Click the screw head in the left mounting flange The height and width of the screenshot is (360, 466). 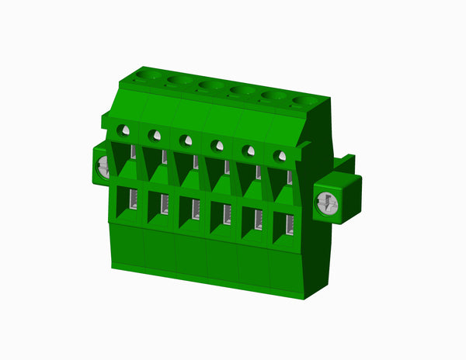coord(102,167)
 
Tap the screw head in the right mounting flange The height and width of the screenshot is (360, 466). coord(327,204)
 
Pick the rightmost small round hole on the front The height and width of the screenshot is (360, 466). coord(280,156)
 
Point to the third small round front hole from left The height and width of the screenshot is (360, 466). coord(186,140)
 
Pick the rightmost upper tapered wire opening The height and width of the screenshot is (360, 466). coord(284,179)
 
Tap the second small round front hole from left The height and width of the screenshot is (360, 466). coord(155,135)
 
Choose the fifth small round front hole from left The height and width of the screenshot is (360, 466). coord(249,151)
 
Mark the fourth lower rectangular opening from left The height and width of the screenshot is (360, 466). coord(222,214)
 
